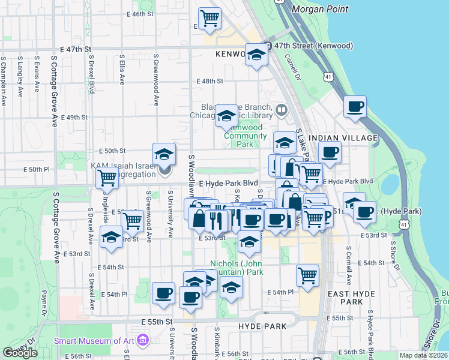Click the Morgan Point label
click(316, 9)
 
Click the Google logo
click(20, 353)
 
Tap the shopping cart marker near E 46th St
click(209, 19)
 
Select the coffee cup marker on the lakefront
click(355, 107)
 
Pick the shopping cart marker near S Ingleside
click(107, 177)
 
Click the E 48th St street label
click(210, 81)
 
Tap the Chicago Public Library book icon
click(282, 110)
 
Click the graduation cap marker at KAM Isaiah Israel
click(164, 154)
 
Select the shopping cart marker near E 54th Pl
click(307, 275)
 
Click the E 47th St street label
click(76, 49)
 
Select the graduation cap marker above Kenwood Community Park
click(226, 116)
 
